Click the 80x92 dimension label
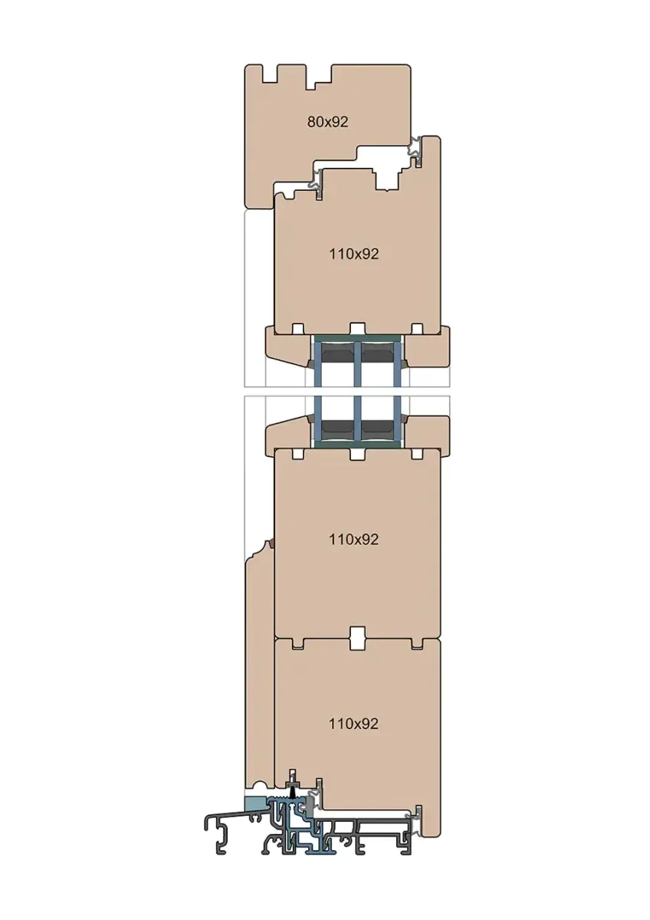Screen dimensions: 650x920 (327, 122)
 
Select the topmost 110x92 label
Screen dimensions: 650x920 (353, 255)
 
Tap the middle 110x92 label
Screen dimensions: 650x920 (353, 539)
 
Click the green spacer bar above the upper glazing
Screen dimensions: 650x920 (358, 338)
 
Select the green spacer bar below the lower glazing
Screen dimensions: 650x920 (358, 445)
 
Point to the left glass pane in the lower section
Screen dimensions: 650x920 (317, 419)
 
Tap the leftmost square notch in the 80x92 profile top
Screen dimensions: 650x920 (269, 74)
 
